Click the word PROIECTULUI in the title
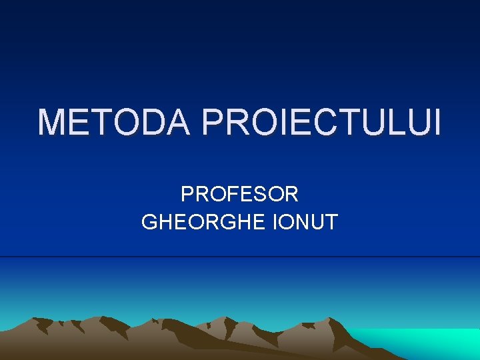(321, 123)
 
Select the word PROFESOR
(239, 195)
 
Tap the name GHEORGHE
(204, 222)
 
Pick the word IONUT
(306, 222)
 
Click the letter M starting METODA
(52, 123)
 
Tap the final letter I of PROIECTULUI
(437, 123)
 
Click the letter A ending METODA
(177, 123)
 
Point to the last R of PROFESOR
(291, 195)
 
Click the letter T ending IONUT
(331, 222)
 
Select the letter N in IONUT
(301, 222)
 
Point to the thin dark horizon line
(240, 257)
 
